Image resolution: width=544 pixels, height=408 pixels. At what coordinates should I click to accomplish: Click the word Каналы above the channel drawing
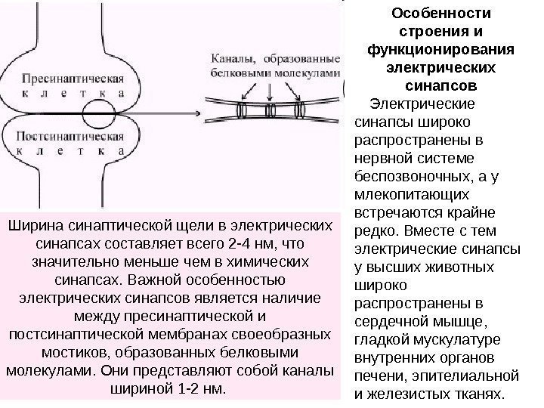tap(233, 57)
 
